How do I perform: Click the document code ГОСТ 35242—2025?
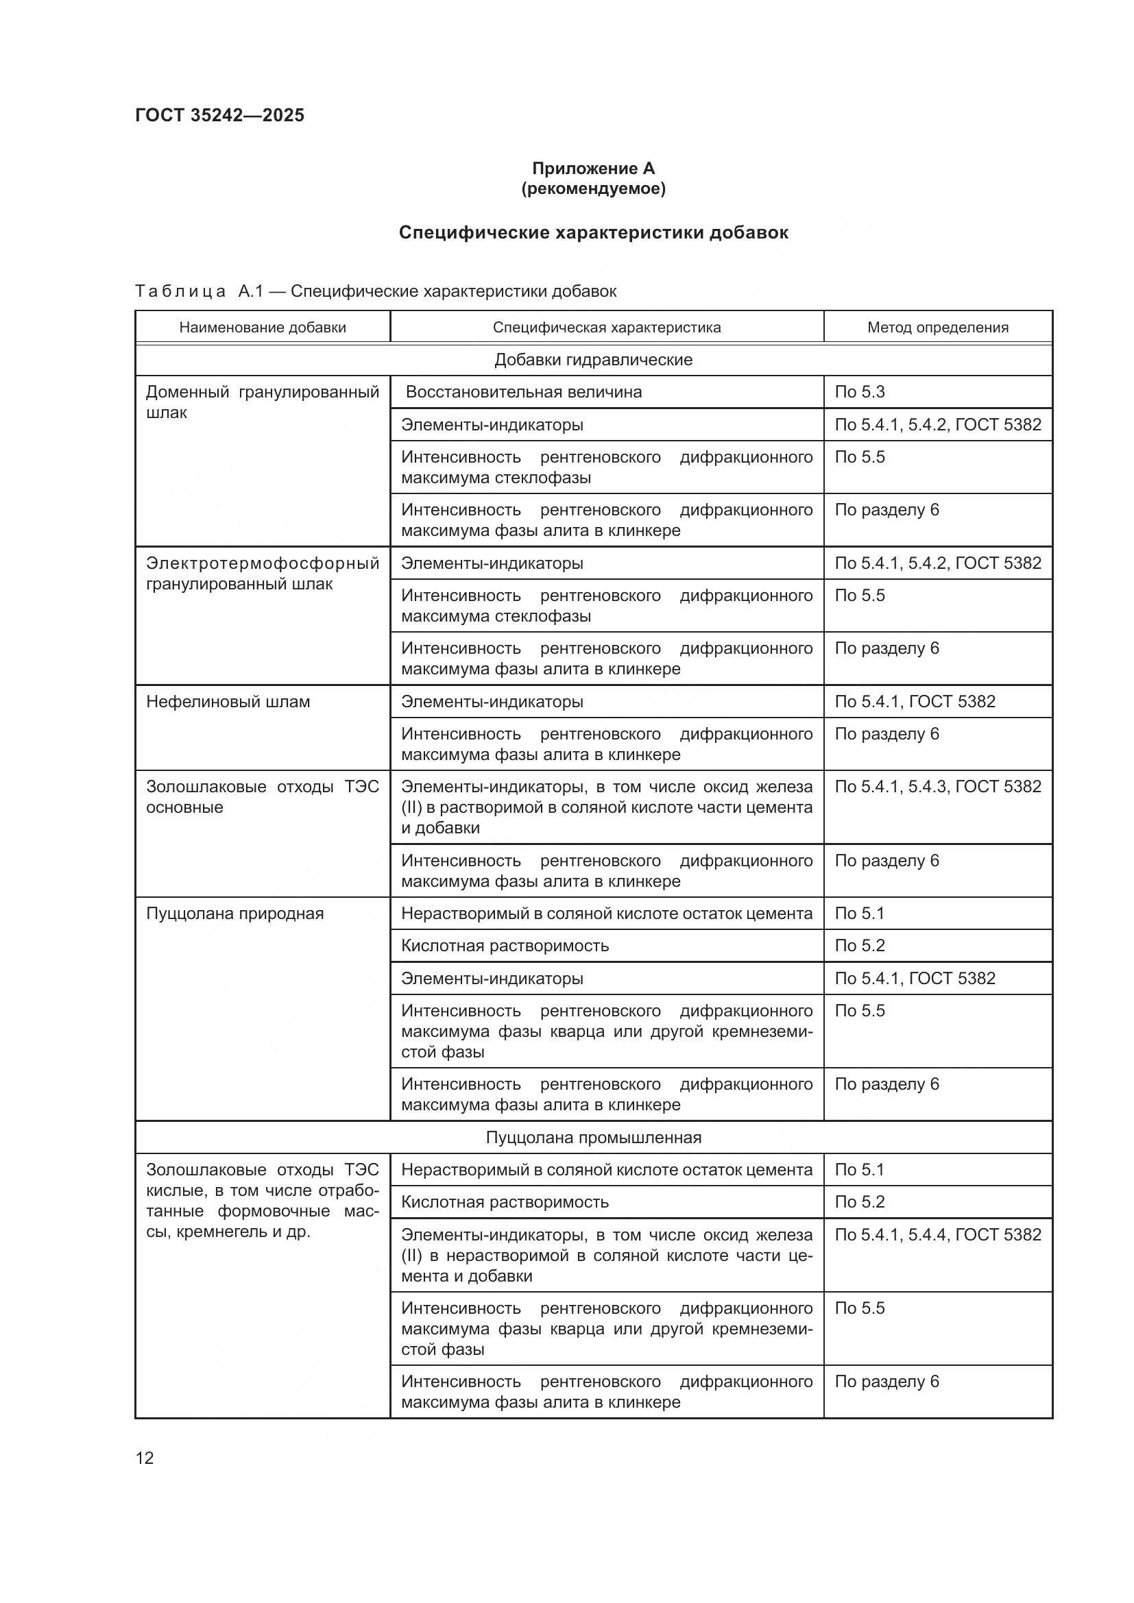point(219,115)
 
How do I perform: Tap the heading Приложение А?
point(593,169)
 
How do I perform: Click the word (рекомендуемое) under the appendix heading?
point(593,188)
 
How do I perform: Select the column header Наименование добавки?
point(263,328)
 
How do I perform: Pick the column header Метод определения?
point(937,328)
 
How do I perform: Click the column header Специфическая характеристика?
point(606,328)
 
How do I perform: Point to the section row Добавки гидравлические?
point(593,360)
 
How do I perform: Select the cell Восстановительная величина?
point(523,392)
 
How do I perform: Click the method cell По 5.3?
point(860,392)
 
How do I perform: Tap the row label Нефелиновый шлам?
point(228,702)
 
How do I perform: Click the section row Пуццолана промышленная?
point(593,1138)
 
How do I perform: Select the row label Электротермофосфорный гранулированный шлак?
point(263,573)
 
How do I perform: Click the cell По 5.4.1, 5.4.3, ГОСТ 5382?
point(937,786)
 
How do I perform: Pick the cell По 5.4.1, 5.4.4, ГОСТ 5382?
point(937,1234)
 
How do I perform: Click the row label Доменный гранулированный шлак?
point(263,402)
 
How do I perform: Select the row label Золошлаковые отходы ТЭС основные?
point(263,796)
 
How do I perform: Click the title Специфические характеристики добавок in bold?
point(593,232)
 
